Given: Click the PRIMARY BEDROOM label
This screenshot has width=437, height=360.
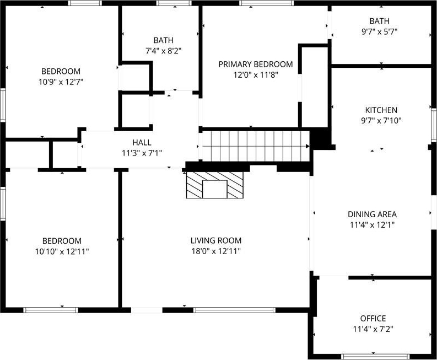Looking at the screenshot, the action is pyautogui.click(x=256, y=65).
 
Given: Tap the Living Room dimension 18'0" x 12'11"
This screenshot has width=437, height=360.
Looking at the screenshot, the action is pyautogui.click(x=216, y=251).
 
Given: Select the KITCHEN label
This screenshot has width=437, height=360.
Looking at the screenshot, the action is pyautogui.click(x=381, y=110).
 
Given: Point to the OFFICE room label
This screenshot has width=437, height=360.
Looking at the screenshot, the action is pyautogui.click(x=373, y=319).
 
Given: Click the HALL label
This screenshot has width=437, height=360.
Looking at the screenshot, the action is pyautogui.click(x=142, y=142).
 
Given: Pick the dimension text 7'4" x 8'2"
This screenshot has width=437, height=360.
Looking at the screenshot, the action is pyautogui.click(x=164, y=51).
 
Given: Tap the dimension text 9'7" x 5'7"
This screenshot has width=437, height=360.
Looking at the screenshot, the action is pyautogui.click(x=379, y=32).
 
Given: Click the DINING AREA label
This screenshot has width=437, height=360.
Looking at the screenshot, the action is pyautogui.click(x=372, y=214).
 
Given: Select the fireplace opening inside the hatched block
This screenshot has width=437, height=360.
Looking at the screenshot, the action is pyautogui.click(x=215, y=189).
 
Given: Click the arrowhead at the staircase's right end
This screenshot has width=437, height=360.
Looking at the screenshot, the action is pyautogui.click(x=307, y=146).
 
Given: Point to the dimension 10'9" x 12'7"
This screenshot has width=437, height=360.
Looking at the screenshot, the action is pyautogui.click(x=61, y=82).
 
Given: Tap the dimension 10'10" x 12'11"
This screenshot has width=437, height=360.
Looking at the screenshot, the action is pyautogui.click(x=62, y=251).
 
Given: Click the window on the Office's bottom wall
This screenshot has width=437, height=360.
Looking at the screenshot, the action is pyautogui.click(x=375, y=356).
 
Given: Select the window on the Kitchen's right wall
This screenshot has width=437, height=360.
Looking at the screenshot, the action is pyautogui.click(x=434, y=125).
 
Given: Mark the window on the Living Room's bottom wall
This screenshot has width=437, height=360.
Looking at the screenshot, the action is pyautogui.click(x=234, y=310).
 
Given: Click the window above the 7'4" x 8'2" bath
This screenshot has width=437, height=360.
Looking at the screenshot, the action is pyautogui.click(x=174, y=3).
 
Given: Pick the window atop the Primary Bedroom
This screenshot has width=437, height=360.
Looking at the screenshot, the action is pyautogui.click(x=266, y=3).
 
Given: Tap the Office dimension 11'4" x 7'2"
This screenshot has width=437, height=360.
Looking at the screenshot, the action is pyautogui.click(x=373, y=329).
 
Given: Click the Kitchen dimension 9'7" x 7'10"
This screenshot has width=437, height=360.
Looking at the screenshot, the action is pyautogui.click(x=381, y=121).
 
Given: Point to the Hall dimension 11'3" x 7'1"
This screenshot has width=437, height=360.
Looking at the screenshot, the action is pyautogui.click(x=142, y=153).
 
